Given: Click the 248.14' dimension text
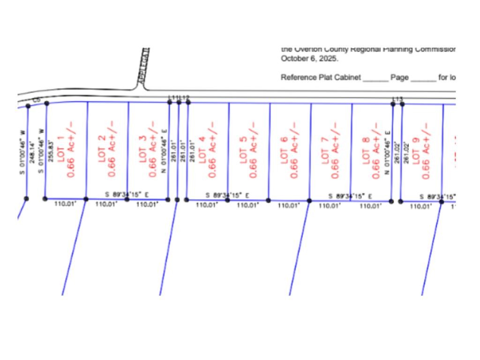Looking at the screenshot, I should [x=32, y=151].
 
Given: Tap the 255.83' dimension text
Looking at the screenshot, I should [x=51, y=151].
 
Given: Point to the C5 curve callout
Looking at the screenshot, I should [x=37, y=100].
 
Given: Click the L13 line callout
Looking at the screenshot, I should [x=397, y=99].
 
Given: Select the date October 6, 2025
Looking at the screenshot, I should [x=309, y=59].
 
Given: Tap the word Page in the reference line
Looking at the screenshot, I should [x=399, y=77].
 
